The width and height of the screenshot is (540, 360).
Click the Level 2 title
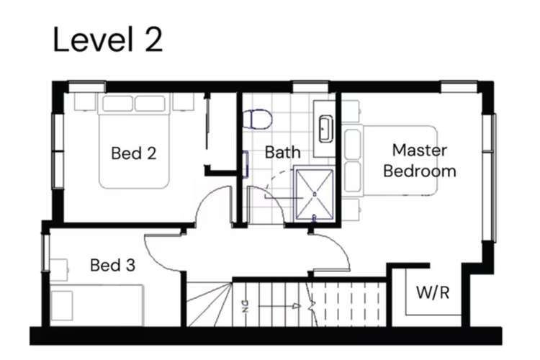tap(108, 40)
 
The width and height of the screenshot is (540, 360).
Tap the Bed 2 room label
tap(134, 153)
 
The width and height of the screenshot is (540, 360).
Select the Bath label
tap(282, 152)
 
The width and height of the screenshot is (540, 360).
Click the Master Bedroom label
tap(420, 161)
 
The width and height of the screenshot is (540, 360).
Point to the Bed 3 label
tap(112, 265)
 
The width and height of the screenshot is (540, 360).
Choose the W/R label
tap(433, 292)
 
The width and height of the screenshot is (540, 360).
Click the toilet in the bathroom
tap(257, 120)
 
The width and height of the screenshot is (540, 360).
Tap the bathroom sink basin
tap(325, 129)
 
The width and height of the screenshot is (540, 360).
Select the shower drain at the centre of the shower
tap(315, 194)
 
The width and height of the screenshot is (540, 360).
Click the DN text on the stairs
tap(245, 306)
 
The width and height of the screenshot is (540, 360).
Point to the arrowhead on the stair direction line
tap(296, 305)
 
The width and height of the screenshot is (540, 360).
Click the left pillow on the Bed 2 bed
tap(117, 104)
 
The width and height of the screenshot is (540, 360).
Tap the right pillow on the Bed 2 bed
tap(150, 104)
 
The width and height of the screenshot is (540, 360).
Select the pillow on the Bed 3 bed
tap(62, 305)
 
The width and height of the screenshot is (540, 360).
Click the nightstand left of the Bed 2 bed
tap(85, 102)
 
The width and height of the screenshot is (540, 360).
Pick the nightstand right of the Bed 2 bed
tap(183, 102)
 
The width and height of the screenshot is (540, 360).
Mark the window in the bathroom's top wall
tap(310, 87)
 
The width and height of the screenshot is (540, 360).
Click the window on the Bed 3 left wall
tap(45, 252)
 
